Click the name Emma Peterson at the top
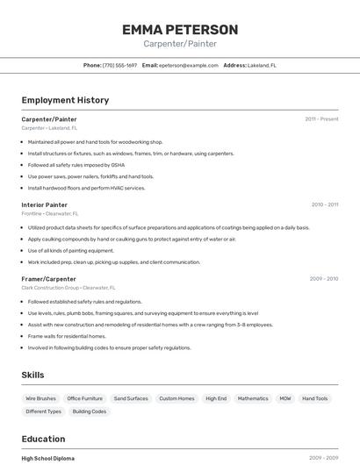click(180, 30)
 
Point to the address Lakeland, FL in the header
click(262, 65)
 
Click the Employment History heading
click(65, 100)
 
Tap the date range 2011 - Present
click(321, 118)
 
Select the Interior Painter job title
click(44, 204)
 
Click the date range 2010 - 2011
click(324, 204)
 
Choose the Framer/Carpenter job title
click(48, 279)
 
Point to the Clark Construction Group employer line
click(68, 288)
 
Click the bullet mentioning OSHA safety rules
click(76, 164)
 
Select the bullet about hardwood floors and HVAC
click(86, 188)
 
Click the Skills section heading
click(32, 375)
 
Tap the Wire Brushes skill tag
click(40, 398)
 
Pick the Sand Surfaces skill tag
click(131, 398)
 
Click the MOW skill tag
click(285, 398)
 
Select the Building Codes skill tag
click(89, 411)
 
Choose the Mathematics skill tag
click(253, 398)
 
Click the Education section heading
click(43, 439)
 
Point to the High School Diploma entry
click(47, 458)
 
